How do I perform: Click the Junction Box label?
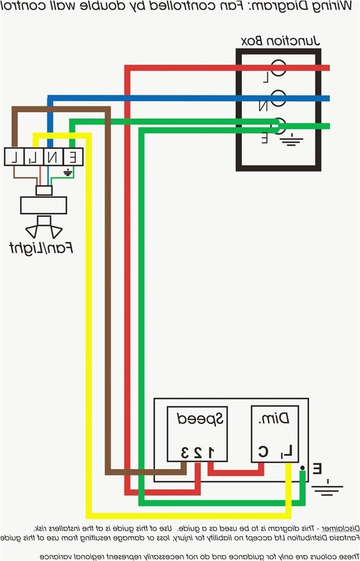[280, 40]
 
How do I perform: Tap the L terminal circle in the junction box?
[278, 68]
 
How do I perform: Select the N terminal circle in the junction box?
[278, 99]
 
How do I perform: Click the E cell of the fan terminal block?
[73, 156]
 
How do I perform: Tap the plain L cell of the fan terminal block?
[15, 156]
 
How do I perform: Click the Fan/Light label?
[42, 248]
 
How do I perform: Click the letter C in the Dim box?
[263, 452]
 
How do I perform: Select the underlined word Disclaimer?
[336, 528]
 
